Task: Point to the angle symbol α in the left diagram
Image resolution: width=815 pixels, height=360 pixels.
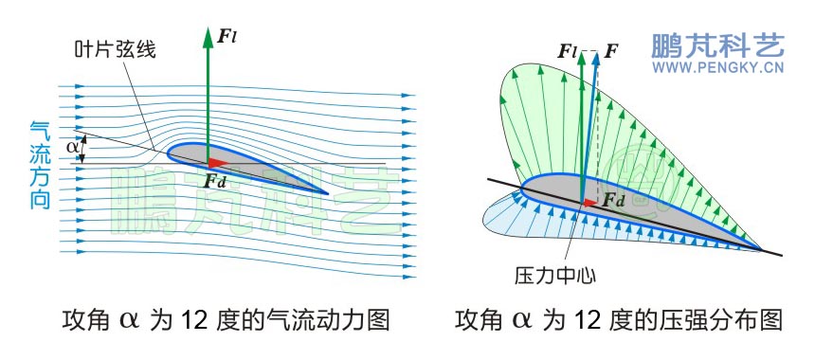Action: pyautogui.click(x=73, y=147)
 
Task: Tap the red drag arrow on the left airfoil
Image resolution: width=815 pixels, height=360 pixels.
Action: pyautogui.click(x=217, y=162)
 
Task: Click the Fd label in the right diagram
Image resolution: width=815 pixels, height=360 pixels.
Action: pyautogui.click(x=614, y=200)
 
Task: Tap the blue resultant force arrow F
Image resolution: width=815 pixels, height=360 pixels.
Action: pyautogui.click(x=589, y=123)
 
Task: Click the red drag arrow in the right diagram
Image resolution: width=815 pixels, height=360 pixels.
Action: pyautogui.click(x=590, y=201)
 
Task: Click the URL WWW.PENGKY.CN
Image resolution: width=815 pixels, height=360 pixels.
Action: pyautogui.click(x=716, y=68)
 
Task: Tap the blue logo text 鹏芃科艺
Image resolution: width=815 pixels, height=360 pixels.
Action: pyautogui.click(x=716, y=45)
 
